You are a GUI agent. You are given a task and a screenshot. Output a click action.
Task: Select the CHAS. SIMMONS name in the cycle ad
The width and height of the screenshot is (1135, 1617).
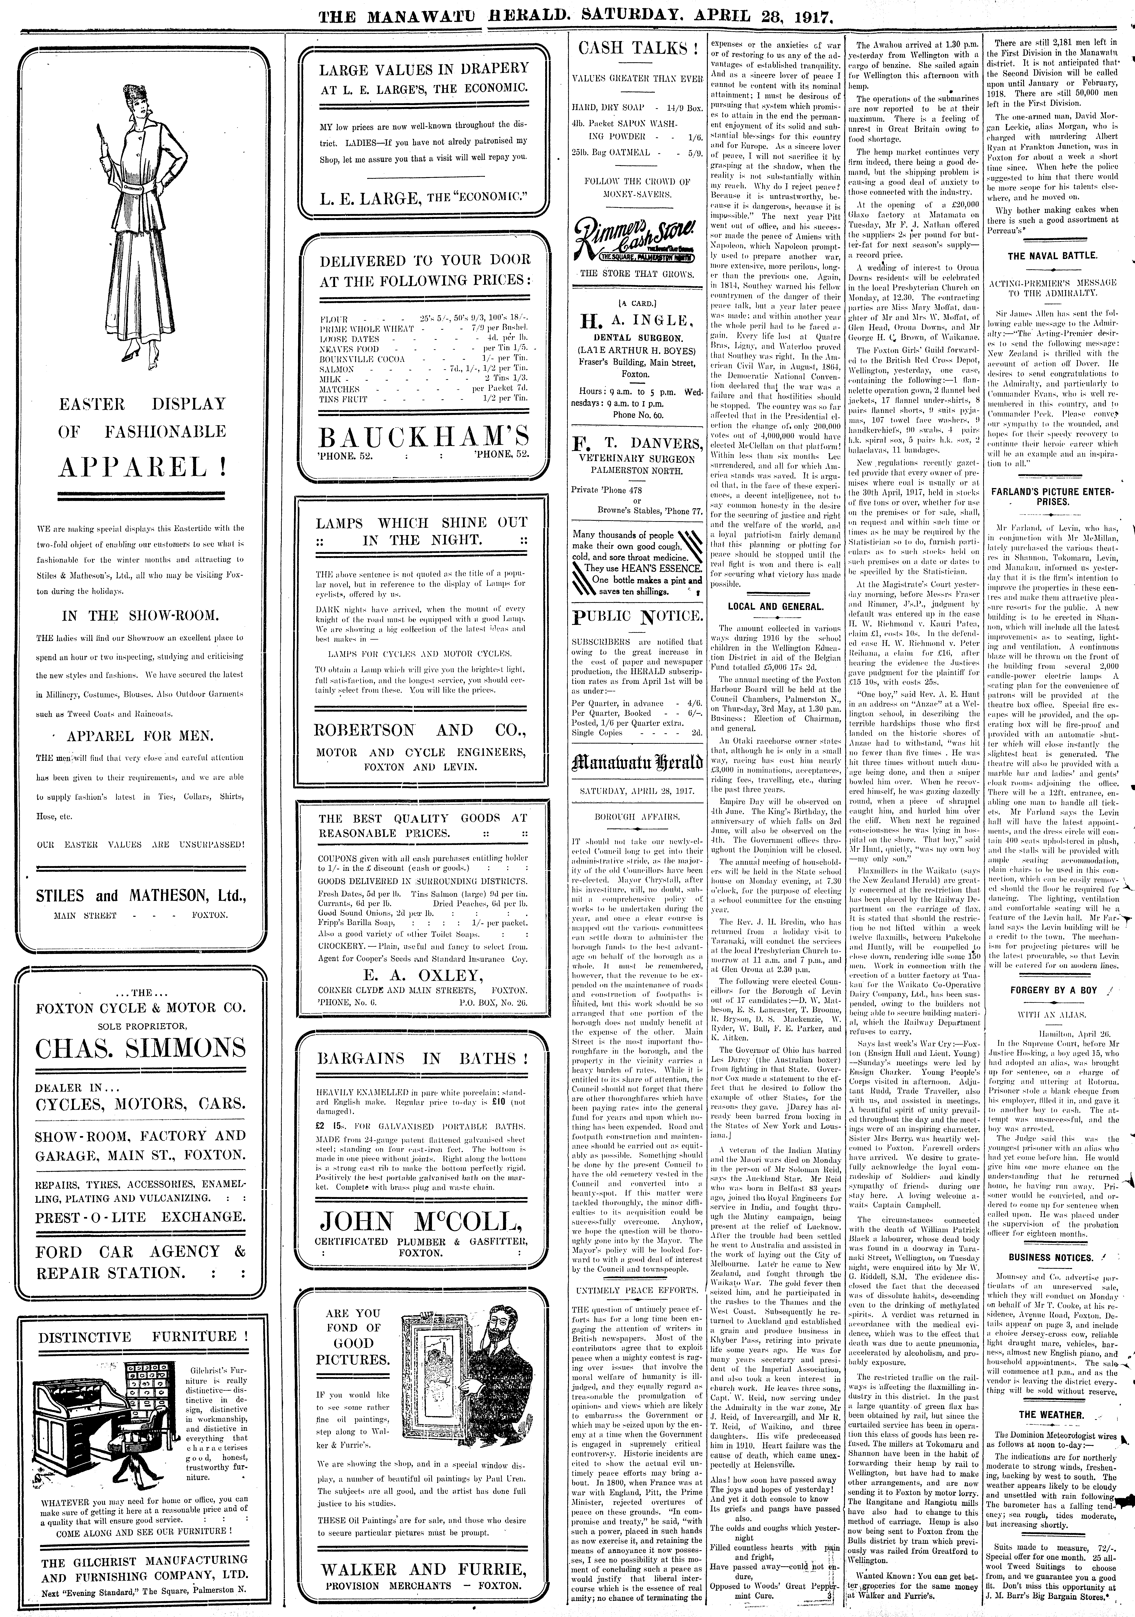[141, 1048]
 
